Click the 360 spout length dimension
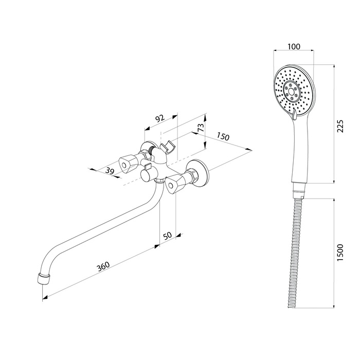coord(103,266)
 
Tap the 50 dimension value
coord(168,236)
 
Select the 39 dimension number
coord(110,171)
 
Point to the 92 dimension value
coord(160,118)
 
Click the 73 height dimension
coord(201,128)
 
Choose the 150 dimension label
coord(223,137)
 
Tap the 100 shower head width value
coord(294,47)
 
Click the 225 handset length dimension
coord(340,126)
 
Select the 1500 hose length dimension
coord(340,253)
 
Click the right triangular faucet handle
coord(175,183)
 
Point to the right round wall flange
coord(200,172)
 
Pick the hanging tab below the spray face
coord(294,114)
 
